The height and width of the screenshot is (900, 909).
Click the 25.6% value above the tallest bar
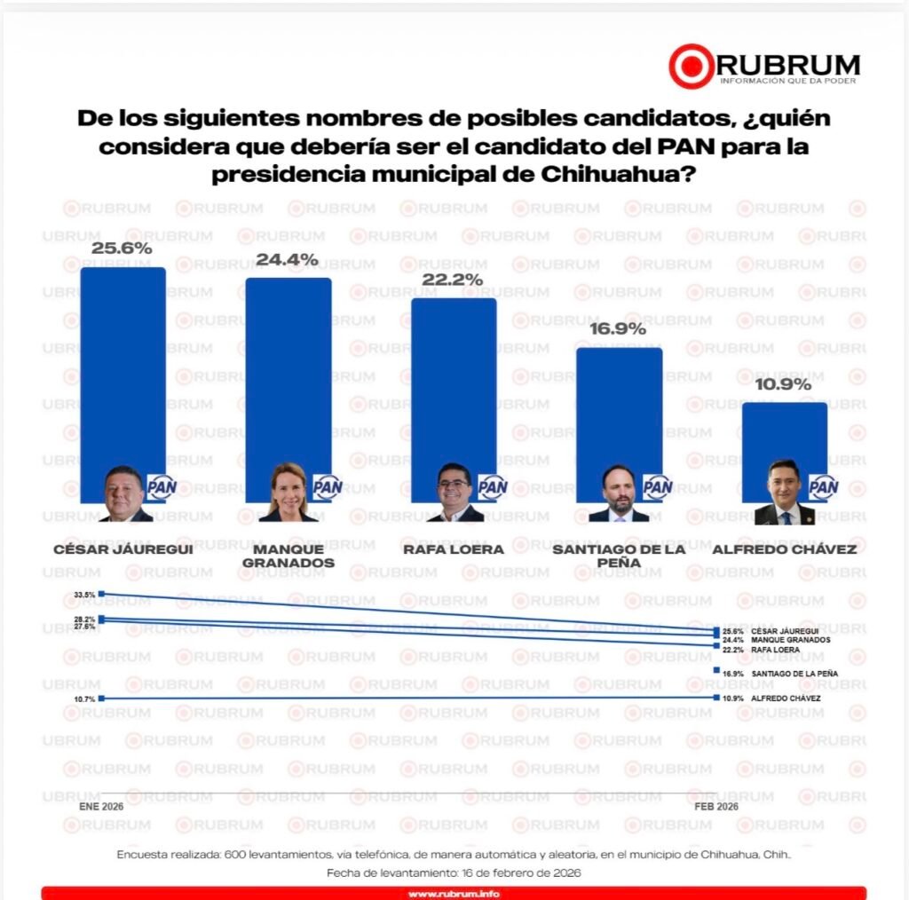click(x=122, y=249)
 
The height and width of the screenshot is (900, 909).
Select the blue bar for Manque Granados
click(x=289, y=373)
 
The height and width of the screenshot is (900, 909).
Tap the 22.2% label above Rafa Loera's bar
click(x=453, y=280)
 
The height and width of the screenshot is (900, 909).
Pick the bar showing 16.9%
click(x=620, y=408)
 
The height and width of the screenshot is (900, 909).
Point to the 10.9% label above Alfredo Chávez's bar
click(x=784, y=385)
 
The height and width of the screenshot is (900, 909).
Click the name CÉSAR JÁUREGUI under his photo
click(x=123, y=549)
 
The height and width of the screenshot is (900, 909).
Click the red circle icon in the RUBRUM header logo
click(x=692, y=67)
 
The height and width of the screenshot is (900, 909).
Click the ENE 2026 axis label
click(x=101, y=807)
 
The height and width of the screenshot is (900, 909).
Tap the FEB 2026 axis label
click(x=715, y=807)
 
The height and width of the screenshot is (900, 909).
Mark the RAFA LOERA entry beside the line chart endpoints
click(x=775, y=650)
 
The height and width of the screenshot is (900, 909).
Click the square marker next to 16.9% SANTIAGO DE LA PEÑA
click(x=716, y=671)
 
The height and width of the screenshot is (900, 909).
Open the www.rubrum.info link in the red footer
click(x=454, y=893)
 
